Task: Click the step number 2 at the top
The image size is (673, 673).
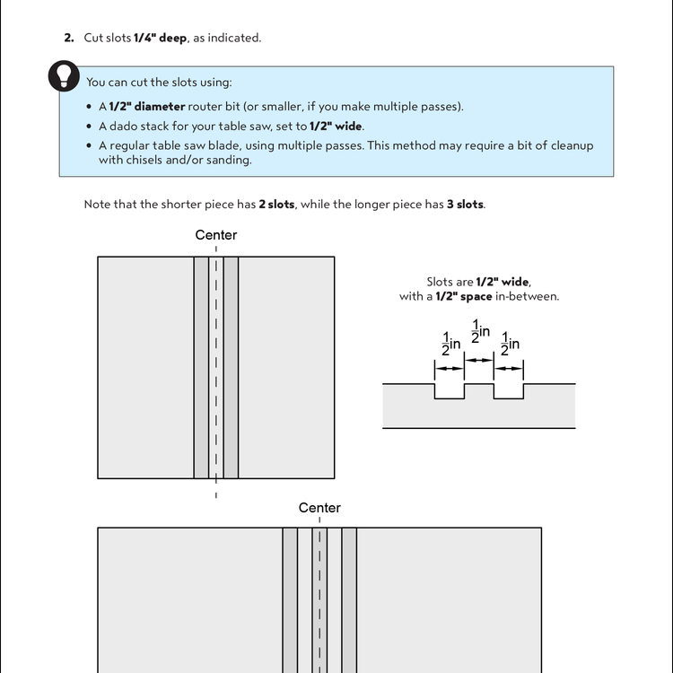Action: click(68, 38)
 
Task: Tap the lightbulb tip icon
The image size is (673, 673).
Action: click(63, 77)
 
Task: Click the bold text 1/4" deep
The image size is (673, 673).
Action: click(161, 38)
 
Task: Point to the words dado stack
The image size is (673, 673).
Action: click(135, 127)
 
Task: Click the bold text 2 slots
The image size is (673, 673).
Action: click(276, 205)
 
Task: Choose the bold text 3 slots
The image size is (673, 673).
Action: click(465, 205)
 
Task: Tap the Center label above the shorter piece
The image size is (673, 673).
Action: click(216, 235)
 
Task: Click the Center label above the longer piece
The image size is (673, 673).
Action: click(319, 508)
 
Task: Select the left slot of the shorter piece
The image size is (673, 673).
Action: click(201, 368)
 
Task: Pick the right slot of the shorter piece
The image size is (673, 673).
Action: click(231, 368)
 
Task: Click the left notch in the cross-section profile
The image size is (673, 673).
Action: click(450, 391)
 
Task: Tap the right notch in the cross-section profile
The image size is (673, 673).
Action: click(509, 391)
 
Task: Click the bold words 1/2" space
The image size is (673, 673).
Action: click(463, 297)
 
